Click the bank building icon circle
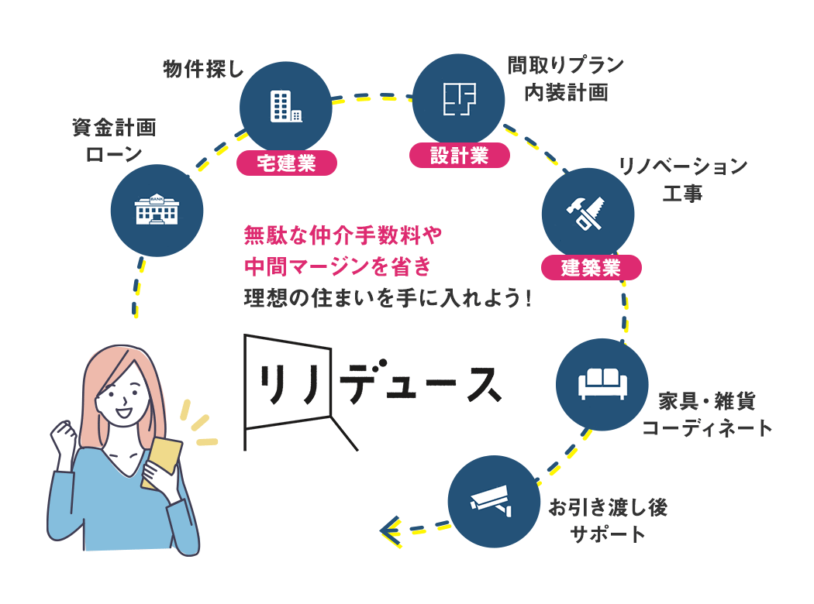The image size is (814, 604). [x=157, y=210]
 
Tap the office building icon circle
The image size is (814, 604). [x=286, y=107]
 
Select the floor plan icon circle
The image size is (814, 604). [x=459, y=99]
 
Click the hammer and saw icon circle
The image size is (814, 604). [x=588, y=211]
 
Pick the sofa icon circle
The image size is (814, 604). [x=602, y=384]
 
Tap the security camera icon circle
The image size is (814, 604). [x=494, y=502]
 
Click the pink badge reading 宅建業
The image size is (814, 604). [x=286, y=163]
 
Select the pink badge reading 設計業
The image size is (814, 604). [x=460, y=156]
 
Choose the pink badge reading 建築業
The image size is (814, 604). [x=592, y=268]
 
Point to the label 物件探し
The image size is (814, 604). [x=203, y=70]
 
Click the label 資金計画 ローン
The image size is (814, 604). [x=114, y=140]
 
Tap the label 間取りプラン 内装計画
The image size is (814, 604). [x=566, y=78]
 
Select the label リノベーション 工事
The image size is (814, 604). [x=682, y=179]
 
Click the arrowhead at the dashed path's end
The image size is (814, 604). [x=389, y=530]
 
